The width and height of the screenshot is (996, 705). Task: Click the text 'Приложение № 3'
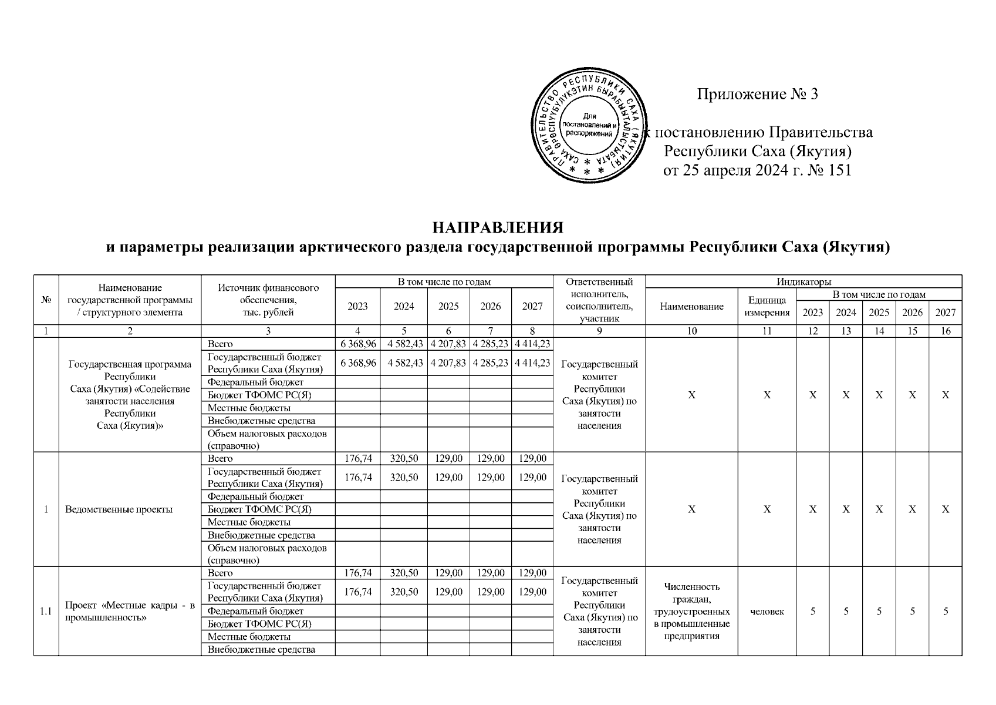(757, 94)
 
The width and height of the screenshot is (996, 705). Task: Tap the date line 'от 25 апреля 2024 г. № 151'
(757, 170)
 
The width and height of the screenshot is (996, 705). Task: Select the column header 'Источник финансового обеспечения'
(268, 300)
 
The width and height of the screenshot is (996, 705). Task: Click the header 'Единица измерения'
(767, 306)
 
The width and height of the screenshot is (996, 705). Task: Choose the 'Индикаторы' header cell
(803, 282)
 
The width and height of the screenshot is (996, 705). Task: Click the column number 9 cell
(599, 331)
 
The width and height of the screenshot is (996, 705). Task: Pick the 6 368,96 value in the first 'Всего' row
(357, 344)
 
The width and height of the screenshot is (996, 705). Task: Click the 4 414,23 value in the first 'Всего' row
(532, 344)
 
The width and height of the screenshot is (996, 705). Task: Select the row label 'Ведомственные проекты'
(119, 509)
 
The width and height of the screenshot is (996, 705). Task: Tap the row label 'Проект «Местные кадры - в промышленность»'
(130, 612)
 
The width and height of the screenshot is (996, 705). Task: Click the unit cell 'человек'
(767, 612)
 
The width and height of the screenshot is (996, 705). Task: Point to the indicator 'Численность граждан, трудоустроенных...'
(691, 611)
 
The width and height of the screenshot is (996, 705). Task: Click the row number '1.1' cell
(46, 612)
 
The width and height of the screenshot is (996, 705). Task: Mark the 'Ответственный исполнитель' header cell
(599, 300)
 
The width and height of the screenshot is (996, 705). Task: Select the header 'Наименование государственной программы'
(130, 300)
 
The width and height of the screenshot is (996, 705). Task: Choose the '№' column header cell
(46, 300)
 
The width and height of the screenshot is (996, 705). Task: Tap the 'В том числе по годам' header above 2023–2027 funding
(444, 282)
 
